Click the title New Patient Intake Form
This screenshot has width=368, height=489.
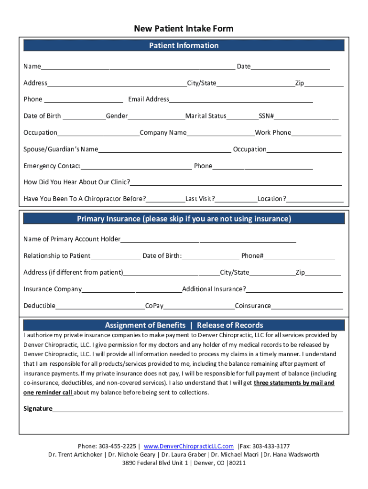point(184,29)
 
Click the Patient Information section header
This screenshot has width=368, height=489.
point(184,45)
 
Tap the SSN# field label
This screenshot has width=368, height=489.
point(266,116)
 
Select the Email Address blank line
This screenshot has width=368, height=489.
point(241,100)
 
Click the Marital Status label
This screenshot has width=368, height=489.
point(206,116)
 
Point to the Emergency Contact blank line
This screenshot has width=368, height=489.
point(136,167)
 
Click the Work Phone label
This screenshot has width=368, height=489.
point(273,133)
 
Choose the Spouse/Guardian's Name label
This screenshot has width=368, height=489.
point(61,149)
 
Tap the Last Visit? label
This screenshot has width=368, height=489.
point(200,199)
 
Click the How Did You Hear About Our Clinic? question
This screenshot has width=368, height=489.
point(77,182)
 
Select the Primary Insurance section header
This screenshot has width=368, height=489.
point(184,219)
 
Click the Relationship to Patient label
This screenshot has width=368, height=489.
point(57,256)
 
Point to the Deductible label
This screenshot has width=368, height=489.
point(39,306)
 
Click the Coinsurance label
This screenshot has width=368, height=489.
point(253,306)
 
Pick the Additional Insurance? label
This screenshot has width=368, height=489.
point(214,289)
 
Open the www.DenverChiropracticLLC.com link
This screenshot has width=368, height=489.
point(188,446)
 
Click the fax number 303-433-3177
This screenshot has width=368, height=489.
point(271,446)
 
